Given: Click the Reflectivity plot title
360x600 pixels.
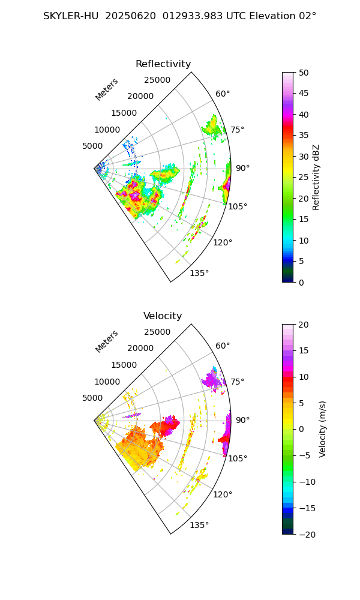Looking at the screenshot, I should pyautogui.click(x=163, y=64).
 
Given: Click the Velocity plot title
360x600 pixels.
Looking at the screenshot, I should pyautogui.click(x=163, y=316).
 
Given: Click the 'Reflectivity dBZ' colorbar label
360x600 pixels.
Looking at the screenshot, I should pyautogui.click(x=316, y=177).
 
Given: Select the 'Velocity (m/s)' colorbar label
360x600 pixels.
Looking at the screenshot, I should pyautogui.click(x=323, y=429).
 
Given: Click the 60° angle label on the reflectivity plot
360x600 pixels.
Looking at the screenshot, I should pyautogui.click(x=223, y=94).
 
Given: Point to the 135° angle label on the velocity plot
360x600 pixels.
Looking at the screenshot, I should pyautogui.click(x=199, y=526).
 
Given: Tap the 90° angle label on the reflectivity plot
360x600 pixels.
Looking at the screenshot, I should pyautogui.click(x=242, y=169).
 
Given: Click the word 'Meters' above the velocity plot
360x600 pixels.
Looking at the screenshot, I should pyautogui.click(x=107, y=341).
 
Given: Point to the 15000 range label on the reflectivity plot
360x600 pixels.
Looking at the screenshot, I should pyautogui.click(x=124, y=113).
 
